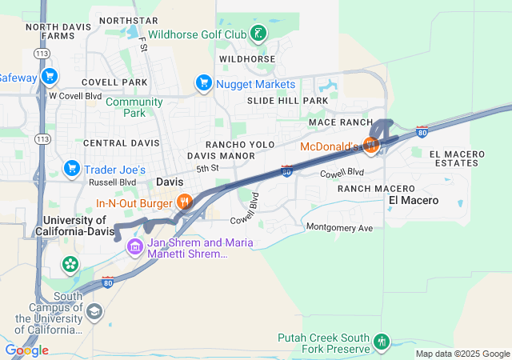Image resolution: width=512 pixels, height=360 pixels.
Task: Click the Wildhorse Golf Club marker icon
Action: tap(258, 34)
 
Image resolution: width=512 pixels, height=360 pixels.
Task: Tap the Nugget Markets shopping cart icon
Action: tap(203, 82)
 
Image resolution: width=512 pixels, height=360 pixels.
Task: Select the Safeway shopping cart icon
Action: tap(50, 77)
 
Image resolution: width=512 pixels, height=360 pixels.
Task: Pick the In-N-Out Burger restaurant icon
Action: tap(184, 202)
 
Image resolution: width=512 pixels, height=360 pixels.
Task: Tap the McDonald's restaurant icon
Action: tap(370, 145)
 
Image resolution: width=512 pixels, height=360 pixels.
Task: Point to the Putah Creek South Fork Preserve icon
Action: tap(382, 342)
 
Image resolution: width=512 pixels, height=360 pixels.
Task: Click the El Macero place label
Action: tap(414, 200)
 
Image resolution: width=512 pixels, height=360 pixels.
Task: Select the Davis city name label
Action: tap(170, 182)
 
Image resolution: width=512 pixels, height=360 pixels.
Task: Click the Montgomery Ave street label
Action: tap(340, 227)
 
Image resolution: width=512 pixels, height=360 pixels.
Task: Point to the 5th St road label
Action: tap(207, 169)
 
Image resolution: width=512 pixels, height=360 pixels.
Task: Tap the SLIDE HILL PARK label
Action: tap(287, 101)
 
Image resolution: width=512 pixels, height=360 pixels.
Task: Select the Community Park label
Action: tap(134, 107)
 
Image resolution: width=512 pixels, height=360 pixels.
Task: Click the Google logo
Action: tap(27, 350)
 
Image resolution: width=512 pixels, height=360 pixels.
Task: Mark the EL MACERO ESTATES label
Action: tap(457, 158)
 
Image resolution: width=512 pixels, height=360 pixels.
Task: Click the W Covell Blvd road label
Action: tap(75, 96)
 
